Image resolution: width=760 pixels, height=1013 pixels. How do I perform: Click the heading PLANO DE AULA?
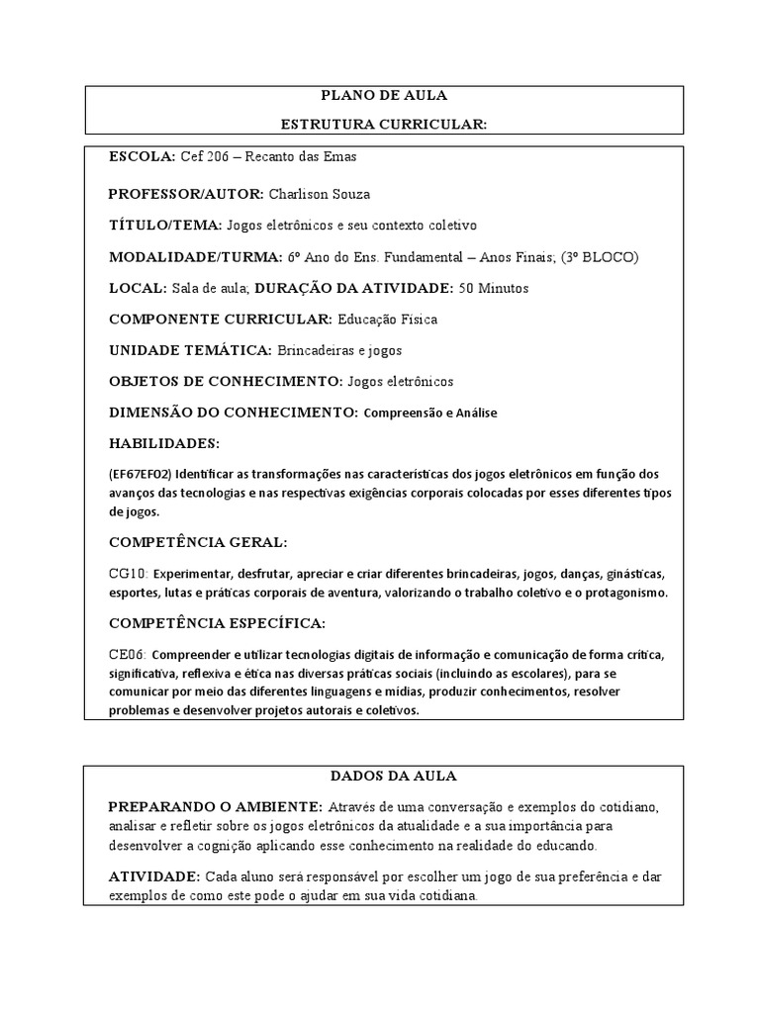(x=384, y=96)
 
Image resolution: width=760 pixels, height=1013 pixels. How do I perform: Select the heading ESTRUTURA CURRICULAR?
(x=384, y=124)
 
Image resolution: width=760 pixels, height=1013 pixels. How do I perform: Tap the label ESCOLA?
(x=142, y=157)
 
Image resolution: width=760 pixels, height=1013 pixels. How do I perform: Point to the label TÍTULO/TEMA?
(x=165, y=226)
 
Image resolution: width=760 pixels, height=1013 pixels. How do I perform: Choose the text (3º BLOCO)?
(x=600, y=257)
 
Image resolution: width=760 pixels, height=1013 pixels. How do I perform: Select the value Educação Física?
(x=387, y=320)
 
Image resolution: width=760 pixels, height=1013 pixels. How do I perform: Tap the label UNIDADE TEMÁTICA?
(x=190, y=350)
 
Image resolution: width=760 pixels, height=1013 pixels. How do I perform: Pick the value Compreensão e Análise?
(x=430, y=413)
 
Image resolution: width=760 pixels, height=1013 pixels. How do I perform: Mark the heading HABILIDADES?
(x=164, y=442)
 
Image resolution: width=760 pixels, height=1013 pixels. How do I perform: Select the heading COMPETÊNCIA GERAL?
(x=198, y=542)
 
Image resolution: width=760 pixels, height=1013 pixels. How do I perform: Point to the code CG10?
(x=128, y=574)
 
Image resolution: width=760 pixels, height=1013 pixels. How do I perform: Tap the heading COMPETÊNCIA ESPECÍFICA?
(x=216, y=623)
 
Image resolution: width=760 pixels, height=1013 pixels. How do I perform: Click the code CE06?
(x=128, y=655)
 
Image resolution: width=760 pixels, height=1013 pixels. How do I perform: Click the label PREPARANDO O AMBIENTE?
(x=215, y=805)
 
